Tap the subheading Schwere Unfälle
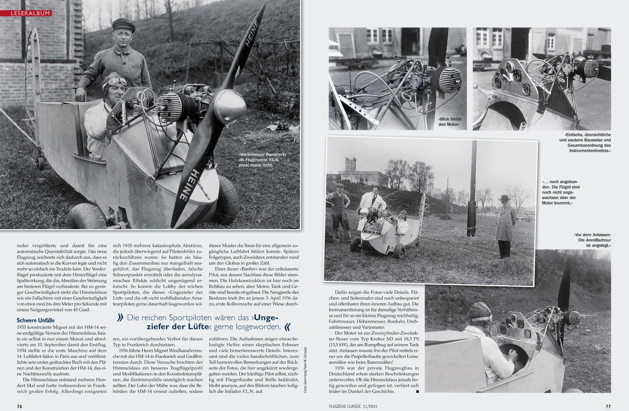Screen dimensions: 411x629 pyautogui.click(x=36, y=320)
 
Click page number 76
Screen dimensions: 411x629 pyautogui.click(x=20, y=406)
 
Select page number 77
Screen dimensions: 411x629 pyautogui.click(x=608, y=406)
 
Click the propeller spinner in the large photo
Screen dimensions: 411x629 pyautogui.click(x=229, y=105)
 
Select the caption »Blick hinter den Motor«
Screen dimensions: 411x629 pyautogui.click(x=450, y=122)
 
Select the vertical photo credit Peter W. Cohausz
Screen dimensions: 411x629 pyautogui.click(x=305, y=369)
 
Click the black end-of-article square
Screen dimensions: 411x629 pyautogui.click(x=417, y=391)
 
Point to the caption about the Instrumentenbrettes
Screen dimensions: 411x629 pyautogui.click(x=585, y=143)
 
